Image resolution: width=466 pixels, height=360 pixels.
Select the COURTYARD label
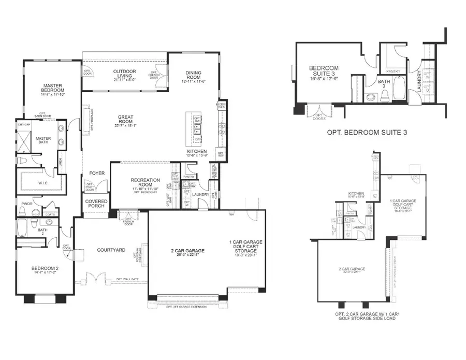point(111,250)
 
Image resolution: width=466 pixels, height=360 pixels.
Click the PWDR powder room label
point(27,204)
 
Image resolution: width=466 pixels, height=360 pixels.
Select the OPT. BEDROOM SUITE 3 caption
point(367,133)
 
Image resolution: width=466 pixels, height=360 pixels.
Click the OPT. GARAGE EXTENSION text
point(186,307)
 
